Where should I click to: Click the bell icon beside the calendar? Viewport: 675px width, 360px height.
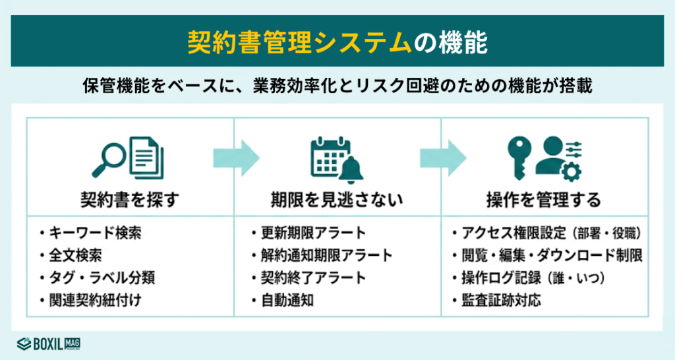click(352, 170)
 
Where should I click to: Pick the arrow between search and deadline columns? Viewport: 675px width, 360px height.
click(236, 158)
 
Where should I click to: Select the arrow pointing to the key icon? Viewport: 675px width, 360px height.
click(443, 158)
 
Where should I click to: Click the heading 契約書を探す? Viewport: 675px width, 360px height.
click(129, 198)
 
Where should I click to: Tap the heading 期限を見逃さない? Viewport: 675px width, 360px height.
click(337, 198)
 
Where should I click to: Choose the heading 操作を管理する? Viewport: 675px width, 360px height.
click(544, 198)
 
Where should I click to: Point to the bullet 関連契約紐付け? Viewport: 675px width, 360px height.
click(94, 300)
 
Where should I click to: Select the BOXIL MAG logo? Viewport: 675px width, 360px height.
click(49, 343)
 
